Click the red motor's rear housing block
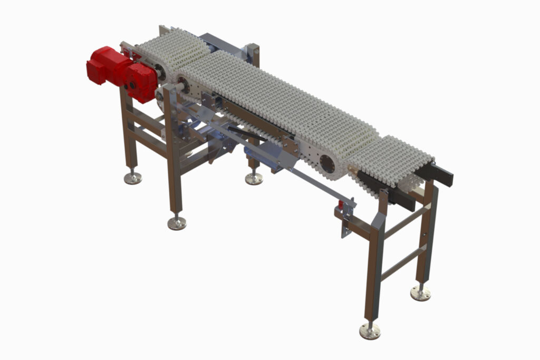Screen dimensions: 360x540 pos(103,64)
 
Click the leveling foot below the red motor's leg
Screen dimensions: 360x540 pos(133,177)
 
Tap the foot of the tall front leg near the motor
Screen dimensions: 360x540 pos(177,222)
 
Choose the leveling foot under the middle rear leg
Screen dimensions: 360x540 pos(254,178)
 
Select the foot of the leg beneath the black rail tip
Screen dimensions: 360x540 pos(420,293)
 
